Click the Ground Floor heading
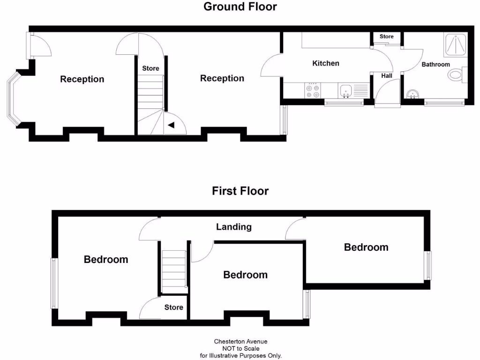[240, 7]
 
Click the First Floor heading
[240, 191]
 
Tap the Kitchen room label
[325, 63]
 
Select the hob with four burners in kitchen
[313, 90]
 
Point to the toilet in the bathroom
[456, 74]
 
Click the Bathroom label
[435, 64]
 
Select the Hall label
[386, 75]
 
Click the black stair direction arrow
[171, 125]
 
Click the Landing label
[233, 227]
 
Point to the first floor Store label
[173, 307]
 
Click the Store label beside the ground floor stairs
[150, 68]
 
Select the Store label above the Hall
[386, 37]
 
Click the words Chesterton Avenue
[240, 342]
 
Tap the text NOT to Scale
[240, 349]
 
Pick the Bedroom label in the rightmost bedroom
[366, 247]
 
